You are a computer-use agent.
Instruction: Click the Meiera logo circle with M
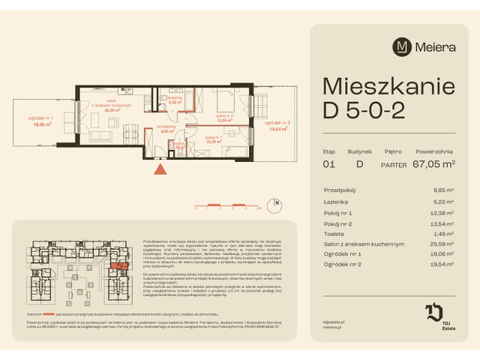point(401,46)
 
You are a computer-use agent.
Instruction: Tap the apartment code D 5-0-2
point(364,111)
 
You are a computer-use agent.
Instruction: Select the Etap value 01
point(328,164)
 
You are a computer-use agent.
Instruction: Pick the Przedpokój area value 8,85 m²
point(442,191)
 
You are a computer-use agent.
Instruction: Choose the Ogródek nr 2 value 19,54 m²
point(441,265)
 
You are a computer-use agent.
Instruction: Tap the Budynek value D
point(358,164)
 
